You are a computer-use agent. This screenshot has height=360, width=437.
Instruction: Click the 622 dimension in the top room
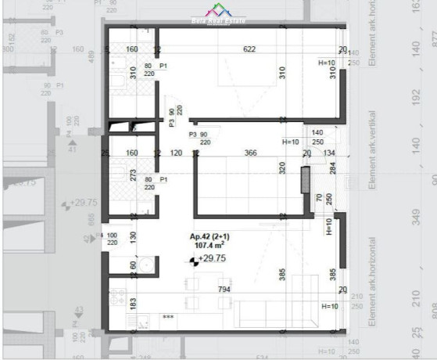249,49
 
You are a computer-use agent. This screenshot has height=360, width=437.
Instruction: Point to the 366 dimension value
251,153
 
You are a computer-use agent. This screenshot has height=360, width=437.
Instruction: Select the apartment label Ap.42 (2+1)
209,236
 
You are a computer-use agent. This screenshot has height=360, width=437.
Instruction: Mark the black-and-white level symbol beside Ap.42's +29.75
192,260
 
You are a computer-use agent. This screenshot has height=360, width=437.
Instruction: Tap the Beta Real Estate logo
218,15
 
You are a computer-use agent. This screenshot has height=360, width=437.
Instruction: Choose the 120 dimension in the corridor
176,153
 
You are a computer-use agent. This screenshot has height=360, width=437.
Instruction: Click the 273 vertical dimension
134,174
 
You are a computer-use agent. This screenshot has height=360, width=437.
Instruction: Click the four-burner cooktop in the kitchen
118,297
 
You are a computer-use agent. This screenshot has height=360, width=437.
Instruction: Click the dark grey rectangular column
304,182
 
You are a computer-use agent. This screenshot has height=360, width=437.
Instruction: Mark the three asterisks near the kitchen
167,317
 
